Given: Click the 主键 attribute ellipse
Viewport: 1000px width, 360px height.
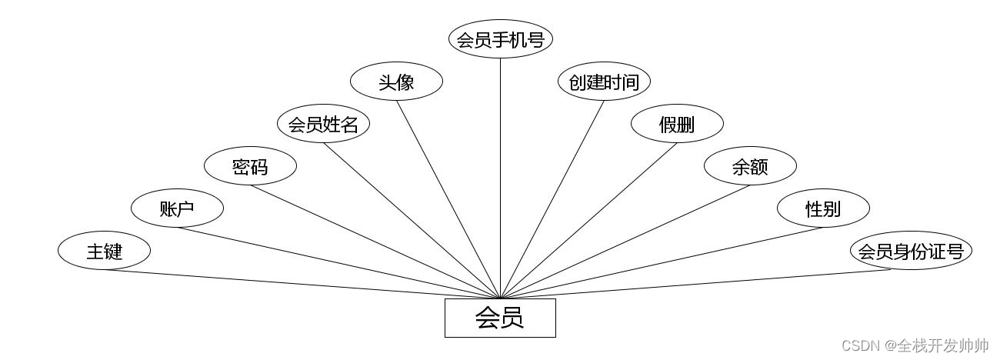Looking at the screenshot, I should [104, 251].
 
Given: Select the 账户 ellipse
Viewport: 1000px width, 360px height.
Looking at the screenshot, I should [177, 208].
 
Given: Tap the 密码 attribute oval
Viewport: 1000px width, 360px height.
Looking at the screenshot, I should [250, 166].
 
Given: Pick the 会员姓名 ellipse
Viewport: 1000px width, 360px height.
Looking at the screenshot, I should [323, 124].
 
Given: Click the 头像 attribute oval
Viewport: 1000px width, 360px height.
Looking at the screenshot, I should [396, 82].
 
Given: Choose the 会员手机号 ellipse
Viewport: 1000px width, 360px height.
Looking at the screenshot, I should [501, 39].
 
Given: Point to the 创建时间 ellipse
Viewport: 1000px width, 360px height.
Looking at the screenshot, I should [604, 82].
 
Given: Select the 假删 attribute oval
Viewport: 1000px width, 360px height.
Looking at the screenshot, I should [677, 124].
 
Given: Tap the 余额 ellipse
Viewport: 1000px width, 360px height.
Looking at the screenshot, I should [750, 166].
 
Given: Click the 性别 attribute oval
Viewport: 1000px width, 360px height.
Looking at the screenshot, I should [823, 208].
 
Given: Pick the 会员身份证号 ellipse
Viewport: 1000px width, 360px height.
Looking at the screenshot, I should [911, 252].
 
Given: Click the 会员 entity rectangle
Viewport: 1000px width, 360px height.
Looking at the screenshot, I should [500, 318].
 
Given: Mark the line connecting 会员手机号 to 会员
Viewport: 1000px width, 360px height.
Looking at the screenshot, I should [501, 177].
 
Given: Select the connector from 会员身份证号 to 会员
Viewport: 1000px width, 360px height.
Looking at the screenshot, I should [706, 284].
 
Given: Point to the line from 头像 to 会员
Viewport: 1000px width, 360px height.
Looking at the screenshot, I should [448, 199].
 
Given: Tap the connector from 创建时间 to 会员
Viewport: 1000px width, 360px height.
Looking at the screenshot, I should [552, 199].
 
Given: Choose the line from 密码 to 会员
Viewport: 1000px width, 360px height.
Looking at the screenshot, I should [375, 242].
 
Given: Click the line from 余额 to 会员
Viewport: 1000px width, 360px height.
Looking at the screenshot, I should [625, 242].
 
